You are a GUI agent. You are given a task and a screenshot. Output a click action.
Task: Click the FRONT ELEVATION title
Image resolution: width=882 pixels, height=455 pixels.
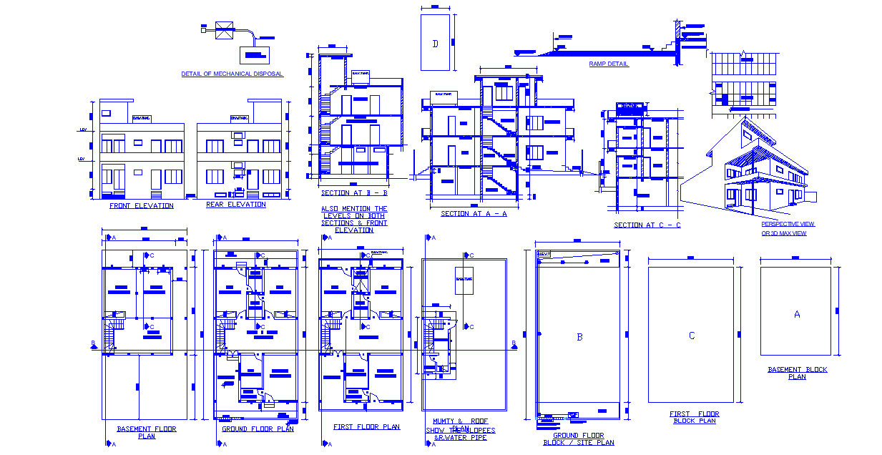pyautogui.click(x=141, y=206)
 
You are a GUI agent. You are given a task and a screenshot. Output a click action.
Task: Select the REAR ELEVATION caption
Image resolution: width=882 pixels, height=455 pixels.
pyautogui.click(x=235, y=205)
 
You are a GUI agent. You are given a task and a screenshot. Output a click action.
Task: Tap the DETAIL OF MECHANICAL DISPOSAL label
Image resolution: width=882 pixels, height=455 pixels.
pyautogui.click(x=232, y=74)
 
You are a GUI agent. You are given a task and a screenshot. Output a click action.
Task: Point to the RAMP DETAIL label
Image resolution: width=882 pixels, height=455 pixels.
pyautogui.click(x=609, y=64)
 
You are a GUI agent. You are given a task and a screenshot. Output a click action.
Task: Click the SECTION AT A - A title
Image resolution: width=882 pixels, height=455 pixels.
pyautogui.click(x=474, y=214)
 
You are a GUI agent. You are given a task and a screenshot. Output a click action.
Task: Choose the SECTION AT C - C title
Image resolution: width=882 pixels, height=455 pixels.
pyautogui.click(x=647, y=225)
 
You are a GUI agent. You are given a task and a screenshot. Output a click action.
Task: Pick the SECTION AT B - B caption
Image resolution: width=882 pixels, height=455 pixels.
pyautogui.click(x=354, y=193)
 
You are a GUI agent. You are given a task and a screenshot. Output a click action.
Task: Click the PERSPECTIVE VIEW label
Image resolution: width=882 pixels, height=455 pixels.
pyautogui.click(x=788, y=224)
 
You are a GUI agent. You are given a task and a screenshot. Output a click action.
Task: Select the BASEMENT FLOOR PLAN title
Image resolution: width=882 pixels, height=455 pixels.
pyautogui.click(x=146, y=432)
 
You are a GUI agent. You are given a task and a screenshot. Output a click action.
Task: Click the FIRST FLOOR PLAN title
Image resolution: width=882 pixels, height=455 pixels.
pyautogui.click(x=366, y=427)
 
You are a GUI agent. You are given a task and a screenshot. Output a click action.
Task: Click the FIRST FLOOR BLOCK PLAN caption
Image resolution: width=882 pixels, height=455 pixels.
pyautogui.click(x=694, y=417)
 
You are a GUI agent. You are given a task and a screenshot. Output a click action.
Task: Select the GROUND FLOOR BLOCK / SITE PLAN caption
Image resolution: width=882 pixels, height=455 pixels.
pyautogui.click(x=578, y=439)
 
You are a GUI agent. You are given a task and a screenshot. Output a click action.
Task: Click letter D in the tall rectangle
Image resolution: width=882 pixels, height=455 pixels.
pyautogui.click(x=435, y=44)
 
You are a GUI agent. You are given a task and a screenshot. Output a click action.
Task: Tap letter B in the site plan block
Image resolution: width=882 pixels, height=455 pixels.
pyautogui.click(x=579, y=336)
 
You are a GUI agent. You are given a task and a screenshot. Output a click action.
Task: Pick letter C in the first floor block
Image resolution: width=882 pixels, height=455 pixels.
pyautogui.click(x=691, y=336)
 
